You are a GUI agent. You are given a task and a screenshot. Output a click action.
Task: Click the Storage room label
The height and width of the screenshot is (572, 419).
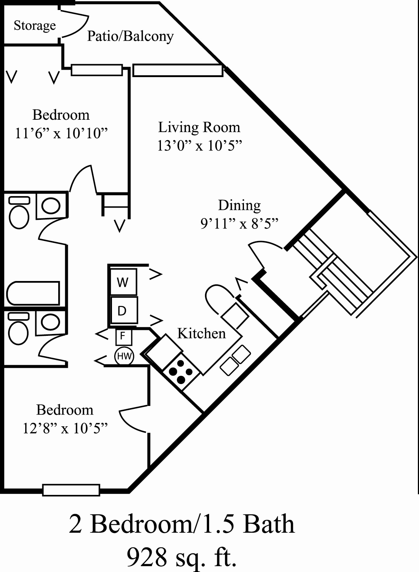coord(35,25)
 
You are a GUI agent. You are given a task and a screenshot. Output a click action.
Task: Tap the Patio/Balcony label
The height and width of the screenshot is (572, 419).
coord(130,36)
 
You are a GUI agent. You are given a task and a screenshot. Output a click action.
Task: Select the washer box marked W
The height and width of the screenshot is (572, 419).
coord(122,282)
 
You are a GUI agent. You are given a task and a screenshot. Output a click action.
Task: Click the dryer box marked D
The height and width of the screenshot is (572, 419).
coord(122,311)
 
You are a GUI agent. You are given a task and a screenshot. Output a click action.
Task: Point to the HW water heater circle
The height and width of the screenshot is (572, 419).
coord(124,357)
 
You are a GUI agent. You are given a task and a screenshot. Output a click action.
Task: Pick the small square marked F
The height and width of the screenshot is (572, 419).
coord(123,337)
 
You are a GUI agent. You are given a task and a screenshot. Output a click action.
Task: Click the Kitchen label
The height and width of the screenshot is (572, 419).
coord(201,333)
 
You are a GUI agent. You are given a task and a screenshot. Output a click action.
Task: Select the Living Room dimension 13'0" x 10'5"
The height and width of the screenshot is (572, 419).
coord(199,146)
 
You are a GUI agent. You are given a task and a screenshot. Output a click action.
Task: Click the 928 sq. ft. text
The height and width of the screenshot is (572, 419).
coord(182,556)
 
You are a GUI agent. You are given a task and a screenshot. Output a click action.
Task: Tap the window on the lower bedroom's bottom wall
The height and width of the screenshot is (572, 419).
coord(71,490)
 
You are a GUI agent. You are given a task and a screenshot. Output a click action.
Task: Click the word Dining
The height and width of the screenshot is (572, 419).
coord(239,205)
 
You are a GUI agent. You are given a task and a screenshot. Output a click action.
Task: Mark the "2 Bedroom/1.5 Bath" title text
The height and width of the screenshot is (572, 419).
coord(182,524)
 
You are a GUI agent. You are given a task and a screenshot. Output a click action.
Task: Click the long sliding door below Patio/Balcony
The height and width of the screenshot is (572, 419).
coord(178,70)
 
